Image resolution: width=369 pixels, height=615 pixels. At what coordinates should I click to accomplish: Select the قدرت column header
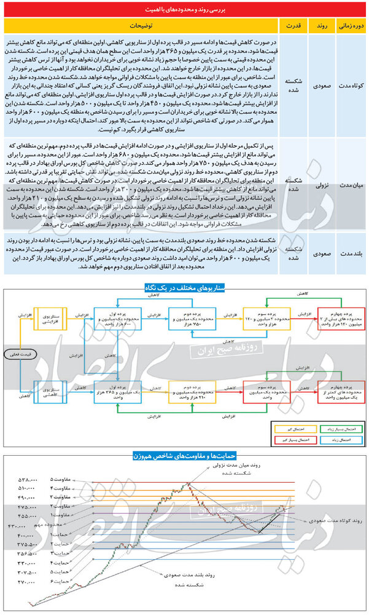pos(290,27)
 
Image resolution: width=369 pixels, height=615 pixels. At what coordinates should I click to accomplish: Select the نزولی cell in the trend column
pos(320,184)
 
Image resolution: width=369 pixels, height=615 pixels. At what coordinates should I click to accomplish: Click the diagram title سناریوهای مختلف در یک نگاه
pos(184,287)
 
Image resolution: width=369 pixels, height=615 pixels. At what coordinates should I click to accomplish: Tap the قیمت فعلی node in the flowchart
pos(19,354)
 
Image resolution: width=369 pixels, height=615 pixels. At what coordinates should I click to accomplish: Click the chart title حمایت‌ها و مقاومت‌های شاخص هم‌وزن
pos(184,456)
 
